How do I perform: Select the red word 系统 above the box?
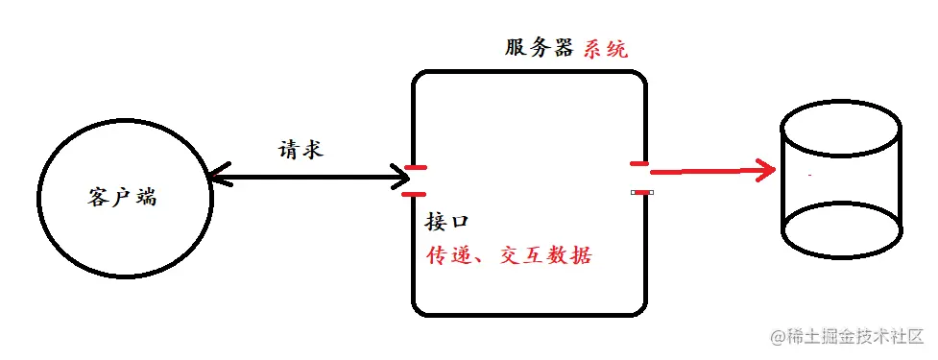[x=606, y=47]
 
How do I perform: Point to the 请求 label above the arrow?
[x=300, y=150]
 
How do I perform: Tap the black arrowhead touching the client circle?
[x=217, y=177]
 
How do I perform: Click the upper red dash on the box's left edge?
[x=415, y=168]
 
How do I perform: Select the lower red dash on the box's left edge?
[x=415, y=194]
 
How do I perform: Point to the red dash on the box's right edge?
[x=639, y=165]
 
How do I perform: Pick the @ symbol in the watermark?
[x=777, y=336]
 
